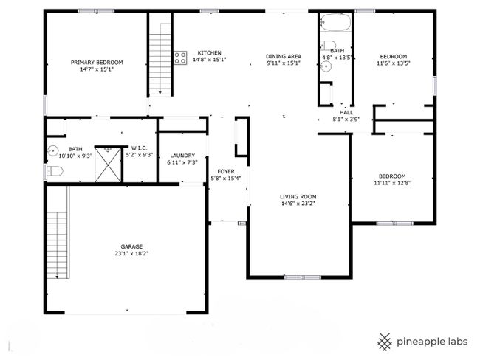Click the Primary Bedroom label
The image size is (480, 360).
click(97, 63)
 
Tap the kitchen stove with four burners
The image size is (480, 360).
click(180, 58)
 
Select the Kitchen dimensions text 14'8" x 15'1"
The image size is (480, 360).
click(210, 60)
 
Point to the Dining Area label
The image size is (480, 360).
click(284, 56)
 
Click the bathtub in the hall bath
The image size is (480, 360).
click(335, 22)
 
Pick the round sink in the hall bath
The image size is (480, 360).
click(326, 66)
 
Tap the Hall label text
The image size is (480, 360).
click(346, 113)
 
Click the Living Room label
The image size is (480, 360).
click(298, 197)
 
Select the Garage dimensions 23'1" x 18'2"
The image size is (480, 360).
click(131, 253)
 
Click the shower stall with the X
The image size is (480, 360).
click(108, 165)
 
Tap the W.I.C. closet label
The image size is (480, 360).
click(140, 148)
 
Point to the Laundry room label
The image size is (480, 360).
click(182, 156)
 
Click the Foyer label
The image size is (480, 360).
click(226, 172)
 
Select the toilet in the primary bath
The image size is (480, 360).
click(55, 171)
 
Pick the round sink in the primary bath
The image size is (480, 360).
click(52, 150)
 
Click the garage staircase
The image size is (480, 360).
click(58, 245)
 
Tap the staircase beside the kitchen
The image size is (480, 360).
click(160, 59)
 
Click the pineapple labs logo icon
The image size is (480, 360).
click(385, 342)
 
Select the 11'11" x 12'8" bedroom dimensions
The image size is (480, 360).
click(392, 183)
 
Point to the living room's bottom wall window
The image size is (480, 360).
click(303, 277)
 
